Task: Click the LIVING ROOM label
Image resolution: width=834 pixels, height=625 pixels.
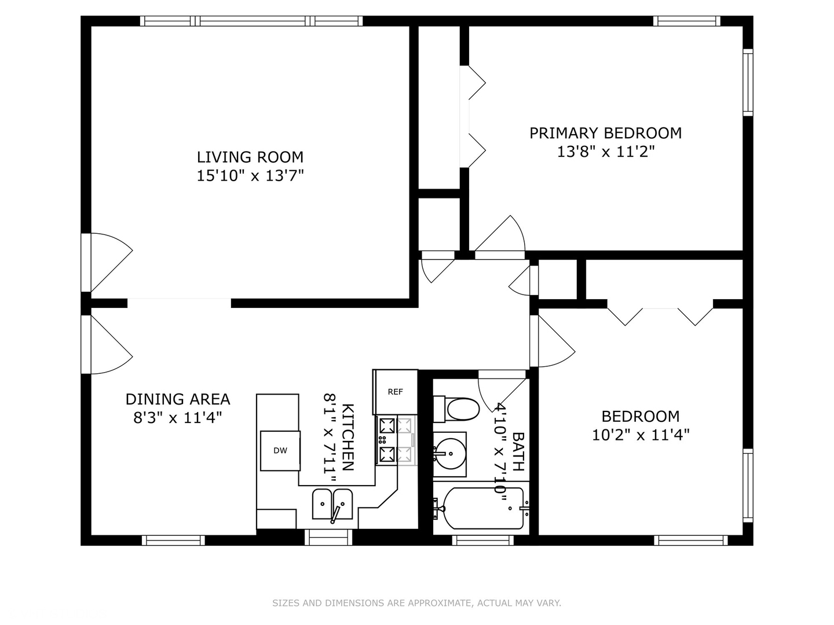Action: click(250, 157)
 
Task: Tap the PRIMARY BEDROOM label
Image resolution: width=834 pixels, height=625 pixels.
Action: click(605, 133)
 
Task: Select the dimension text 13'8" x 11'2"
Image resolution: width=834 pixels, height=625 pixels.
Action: click(605, 152)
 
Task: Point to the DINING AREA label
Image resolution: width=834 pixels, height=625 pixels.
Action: click(178, 399)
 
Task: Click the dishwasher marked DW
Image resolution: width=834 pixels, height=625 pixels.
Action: click(280, 451)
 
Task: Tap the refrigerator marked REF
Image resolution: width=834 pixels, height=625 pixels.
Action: click(396, 392)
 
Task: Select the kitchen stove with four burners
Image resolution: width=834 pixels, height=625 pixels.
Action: click(396, 441)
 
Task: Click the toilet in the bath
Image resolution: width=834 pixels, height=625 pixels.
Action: click(457, 409)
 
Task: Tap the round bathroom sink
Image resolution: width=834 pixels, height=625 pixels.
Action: click(449, 453)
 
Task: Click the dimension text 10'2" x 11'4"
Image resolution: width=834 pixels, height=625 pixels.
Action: click(641, 435)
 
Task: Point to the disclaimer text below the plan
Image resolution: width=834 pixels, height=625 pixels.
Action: click(416, 603)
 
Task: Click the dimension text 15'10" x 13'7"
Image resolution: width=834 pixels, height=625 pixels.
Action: click(250, 176)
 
